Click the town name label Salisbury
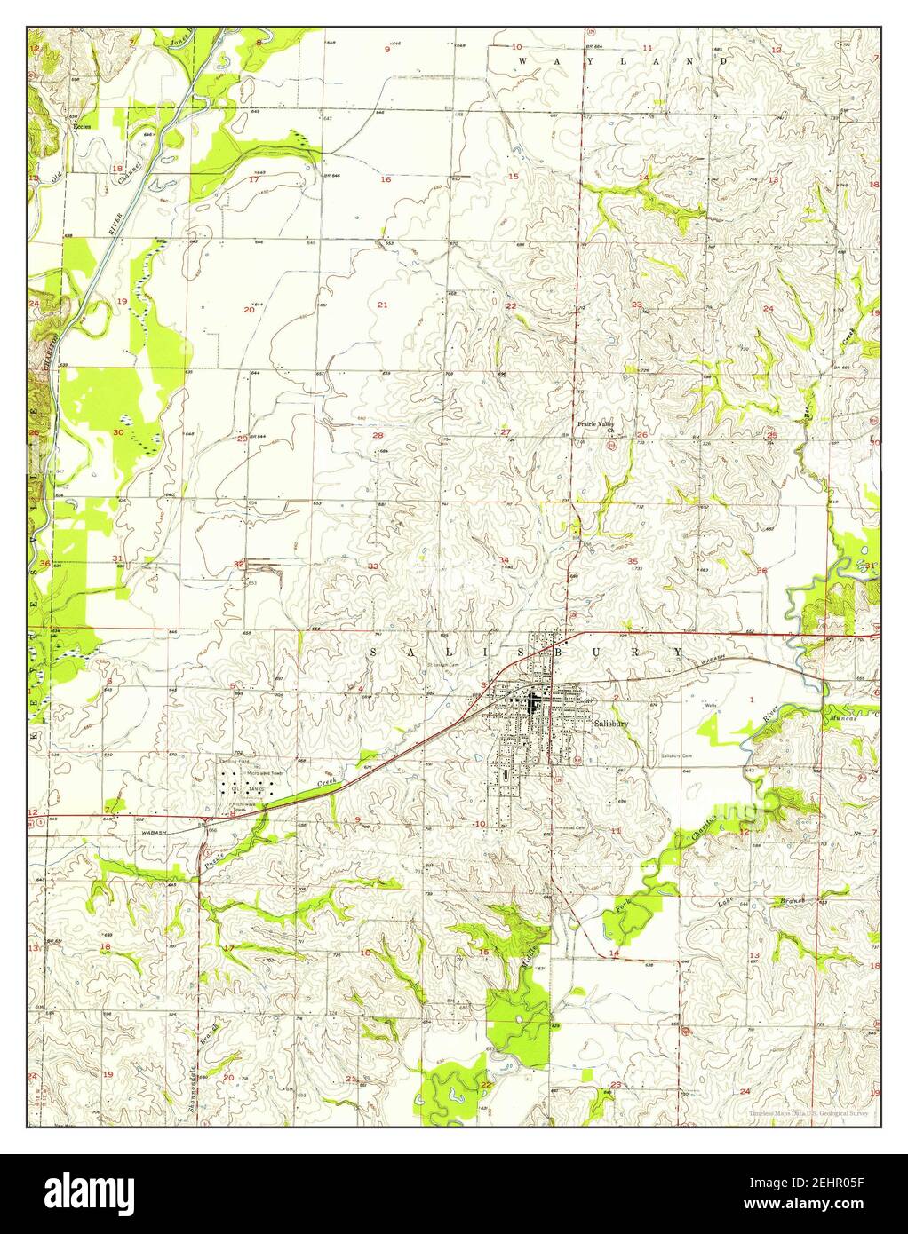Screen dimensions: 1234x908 tap(612, 724)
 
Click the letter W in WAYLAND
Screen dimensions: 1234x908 tap(522, 60)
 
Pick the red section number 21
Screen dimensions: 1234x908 tap(383, 305)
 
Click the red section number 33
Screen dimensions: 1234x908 tap(374, 566)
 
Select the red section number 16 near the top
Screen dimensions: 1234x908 tap(386, 179)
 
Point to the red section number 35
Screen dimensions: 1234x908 tap(633, 561)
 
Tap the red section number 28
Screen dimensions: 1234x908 tap(378, 435)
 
